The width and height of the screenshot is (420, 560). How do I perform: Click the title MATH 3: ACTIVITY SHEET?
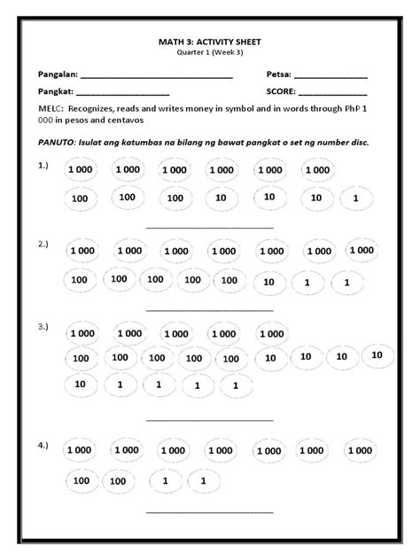(x=209, y=42)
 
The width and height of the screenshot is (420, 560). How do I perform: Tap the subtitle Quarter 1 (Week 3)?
(x=209, y=52)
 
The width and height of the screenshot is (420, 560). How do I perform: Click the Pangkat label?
(x=56, y=91)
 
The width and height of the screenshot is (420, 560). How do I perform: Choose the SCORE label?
(x=281, y=91)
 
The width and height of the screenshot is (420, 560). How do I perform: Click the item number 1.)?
(x=43, y=165)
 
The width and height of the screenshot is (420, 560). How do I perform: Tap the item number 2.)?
(x=43, y=243)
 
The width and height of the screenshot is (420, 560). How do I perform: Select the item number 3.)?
(x=43, y=326)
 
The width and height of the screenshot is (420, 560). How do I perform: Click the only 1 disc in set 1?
(x=355, y=199)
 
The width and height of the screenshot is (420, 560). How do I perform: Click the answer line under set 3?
(x=209, y=421)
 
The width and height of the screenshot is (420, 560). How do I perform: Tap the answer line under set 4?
(x=209, y=513)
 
